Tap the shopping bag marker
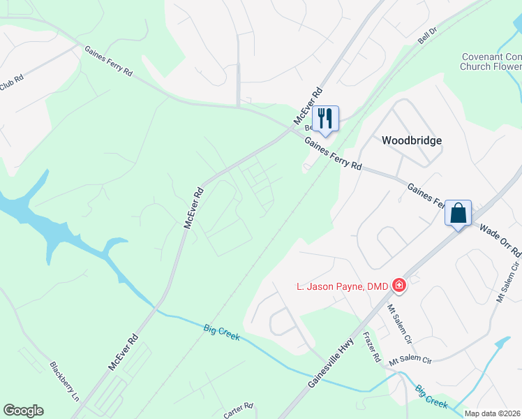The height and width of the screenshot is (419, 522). tap(458, 212)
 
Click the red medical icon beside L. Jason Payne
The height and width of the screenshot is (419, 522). tap(398, 285)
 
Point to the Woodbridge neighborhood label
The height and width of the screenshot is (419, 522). tap(412, 140)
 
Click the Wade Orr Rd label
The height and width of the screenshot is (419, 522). tap(500, 240)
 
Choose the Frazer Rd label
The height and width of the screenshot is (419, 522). tap(371, 347)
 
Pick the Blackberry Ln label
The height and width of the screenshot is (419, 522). tap(64, 383)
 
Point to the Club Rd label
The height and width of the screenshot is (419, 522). tap(11, 82)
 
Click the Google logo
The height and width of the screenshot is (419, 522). tap(23, 411)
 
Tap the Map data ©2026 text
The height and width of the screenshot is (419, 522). tap(492, 413)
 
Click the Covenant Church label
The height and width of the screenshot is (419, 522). tap(491, 62)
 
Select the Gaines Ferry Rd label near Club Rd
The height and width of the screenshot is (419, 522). tap(112, 62)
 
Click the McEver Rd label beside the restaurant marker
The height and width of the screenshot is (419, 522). tap(308, 105)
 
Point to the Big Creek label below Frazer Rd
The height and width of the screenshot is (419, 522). tap(431, 397)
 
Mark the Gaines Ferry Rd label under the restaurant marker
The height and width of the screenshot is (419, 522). tap(334, 154)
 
